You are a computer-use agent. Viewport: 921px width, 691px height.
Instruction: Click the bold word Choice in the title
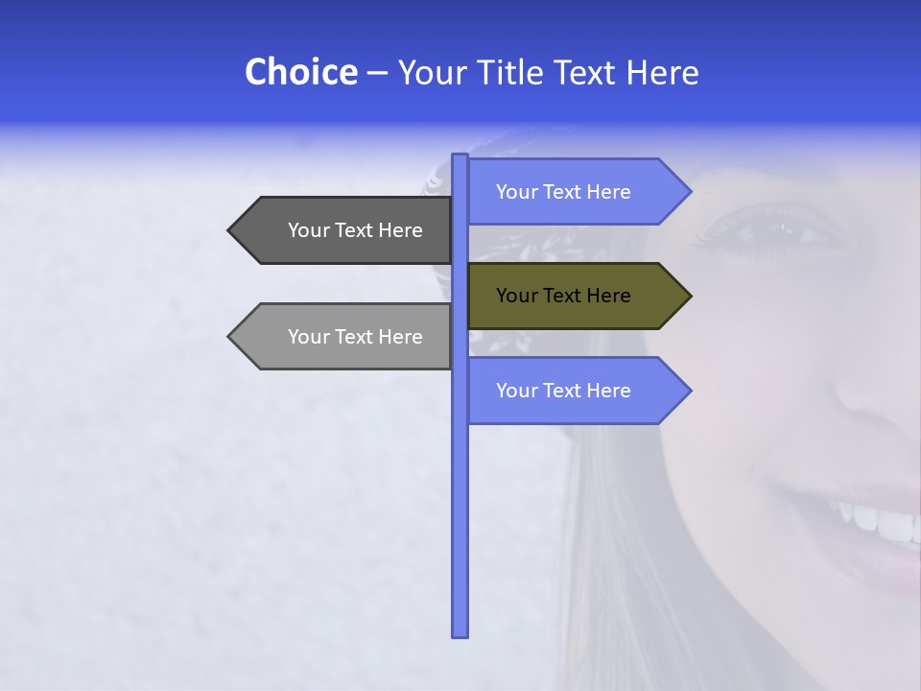point(300,72)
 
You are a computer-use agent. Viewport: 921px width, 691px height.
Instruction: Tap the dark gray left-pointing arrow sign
point(345,230)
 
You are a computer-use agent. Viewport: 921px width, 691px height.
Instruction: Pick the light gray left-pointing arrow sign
point(345,337)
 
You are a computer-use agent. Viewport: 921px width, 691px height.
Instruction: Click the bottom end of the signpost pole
point(460,632)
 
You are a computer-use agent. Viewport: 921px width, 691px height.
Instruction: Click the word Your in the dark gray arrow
point(308,230)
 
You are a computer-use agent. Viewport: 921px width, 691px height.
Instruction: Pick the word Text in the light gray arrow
point(355,337)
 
